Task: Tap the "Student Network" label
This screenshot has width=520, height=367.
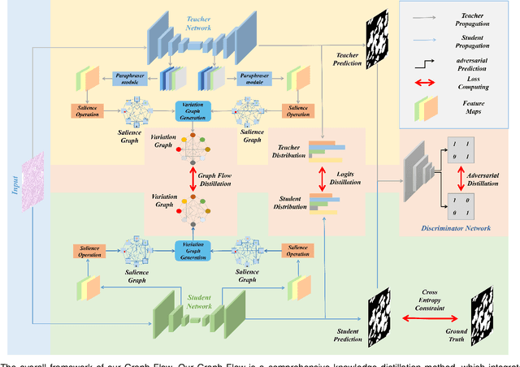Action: point(200,302)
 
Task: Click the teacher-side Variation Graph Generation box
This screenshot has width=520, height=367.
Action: point(193,111)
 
